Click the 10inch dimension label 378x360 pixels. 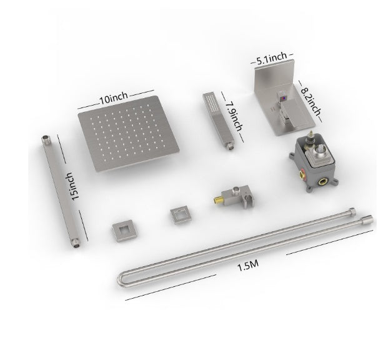pos(113,98)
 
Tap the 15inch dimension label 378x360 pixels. pos(72,186)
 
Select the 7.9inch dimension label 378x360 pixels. pos(233,116)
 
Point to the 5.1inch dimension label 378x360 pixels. pos(272,59)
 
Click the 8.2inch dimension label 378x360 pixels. pos(311,101)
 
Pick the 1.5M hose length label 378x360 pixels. pos(248,265)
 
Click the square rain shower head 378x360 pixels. pos(129,133)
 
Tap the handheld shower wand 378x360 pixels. pos(219,121)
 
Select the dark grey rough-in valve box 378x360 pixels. pos(314,162)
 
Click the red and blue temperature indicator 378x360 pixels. pos(284,98)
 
